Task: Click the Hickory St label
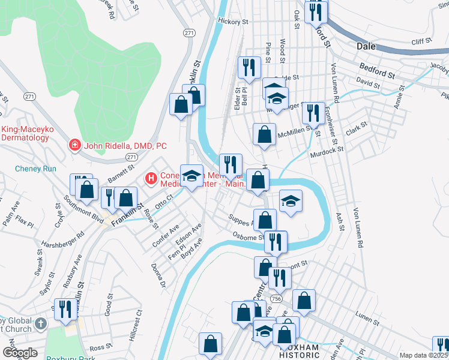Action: pos(233,22)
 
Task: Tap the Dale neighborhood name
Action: pos(366,46)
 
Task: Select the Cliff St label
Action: pos(421,41)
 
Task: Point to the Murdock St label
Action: pos(326,152)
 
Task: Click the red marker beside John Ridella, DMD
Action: pos(74,146)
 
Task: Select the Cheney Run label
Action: pos(35,169)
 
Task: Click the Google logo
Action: pos(20,353)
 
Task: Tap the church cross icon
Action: pos(40,325)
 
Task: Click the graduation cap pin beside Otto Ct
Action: pos(191,176)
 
